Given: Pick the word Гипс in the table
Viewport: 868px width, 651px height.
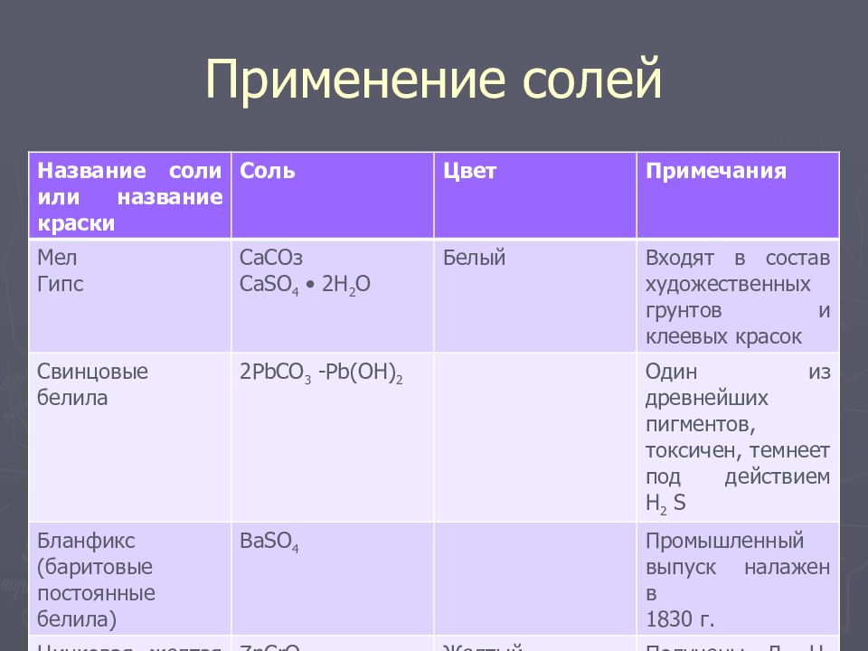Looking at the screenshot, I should pos(61,284).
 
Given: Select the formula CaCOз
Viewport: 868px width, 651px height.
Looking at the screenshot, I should pos(271,259).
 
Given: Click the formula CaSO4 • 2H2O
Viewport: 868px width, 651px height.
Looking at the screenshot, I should pos(305,285).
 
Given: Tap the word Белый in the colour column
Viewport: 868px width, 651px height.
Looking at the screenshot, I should pos(474,259).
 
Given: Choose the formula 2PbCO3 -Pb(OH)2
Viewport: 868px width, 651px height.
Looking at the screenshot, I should pos(321,373).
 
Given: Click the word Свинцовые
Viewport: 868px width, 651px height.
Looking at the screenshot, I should pos(92,372).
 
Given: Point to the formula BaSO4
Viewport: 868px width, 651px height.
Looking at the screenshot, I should pos(269,542).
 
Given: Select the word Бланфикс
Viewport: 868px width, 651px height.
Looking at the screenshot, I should pos(86,542).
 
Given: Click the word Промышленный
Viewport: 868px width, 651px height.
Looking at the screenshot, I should pos(724,542).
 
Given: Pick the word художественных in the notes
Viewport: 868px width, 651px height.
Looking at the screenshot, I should pos(727,285).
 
